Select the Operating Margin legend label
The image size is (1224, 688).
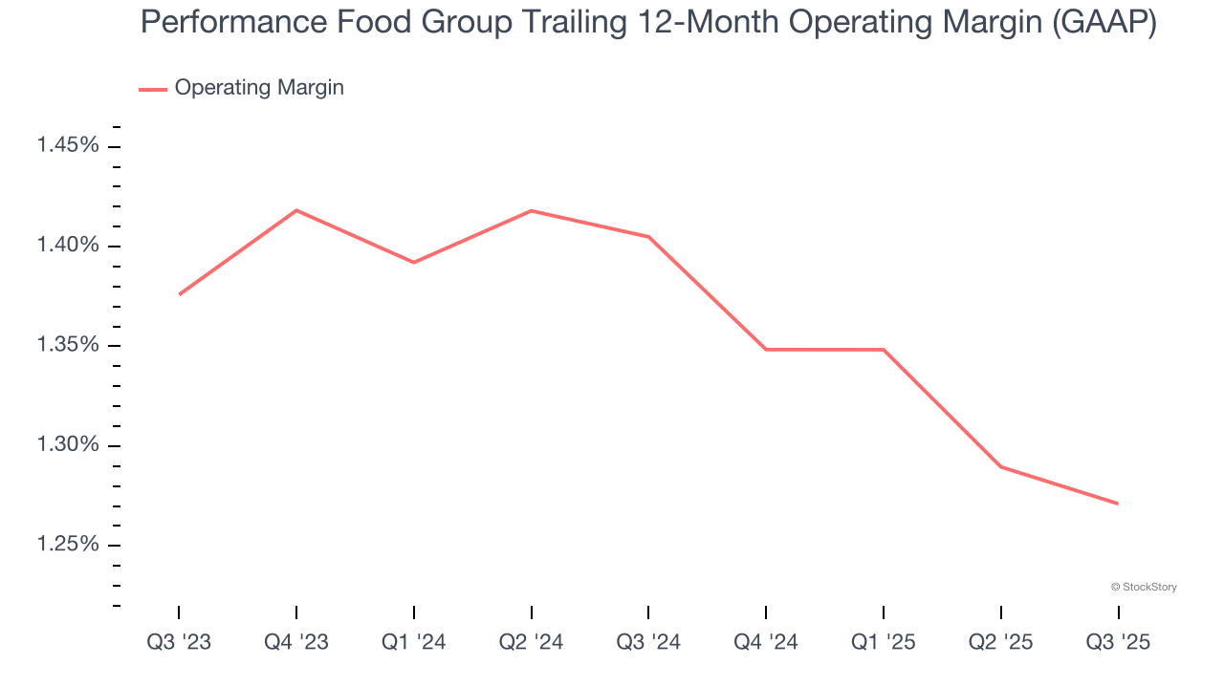259,88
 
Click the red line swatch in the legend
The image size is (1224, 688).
153,89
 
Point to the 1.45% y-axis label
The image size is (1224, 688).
67,146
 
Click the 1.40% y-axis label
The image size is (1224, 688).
67,246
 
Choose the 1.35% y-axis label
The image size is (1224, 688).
67,345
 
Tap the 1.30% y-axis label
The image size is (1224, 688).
67,444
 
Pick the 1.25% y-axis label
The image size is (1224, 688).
67,544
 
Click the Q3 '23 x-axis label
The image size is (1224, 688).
179,643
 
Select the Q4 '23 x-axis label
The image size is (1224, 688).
296,643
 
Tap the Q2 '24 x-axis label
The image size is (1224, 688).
531,643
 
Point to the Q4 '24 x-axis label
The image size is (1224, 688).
766,643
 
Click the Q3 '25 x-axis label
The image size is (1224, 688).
1118,643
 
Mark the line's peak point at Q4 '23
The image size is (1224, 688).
296,210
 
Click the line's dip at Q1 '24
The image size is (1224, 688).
414,262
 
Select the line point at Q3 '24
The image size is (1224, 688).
648,237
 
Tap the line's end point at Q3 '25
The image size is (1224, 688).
1117,504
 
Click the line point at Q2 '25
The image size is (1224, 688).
1000,466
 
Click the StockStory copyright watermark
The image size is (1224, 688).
1144,587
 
